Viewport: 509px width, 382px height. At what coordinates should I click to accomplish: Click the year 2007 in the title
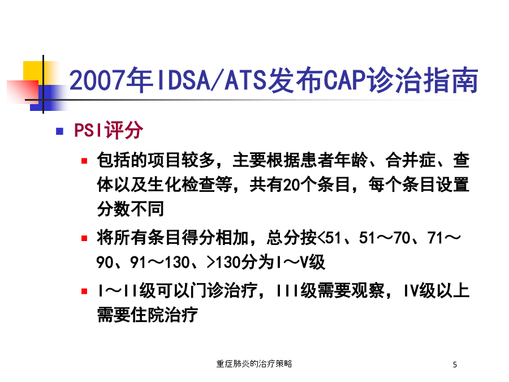pos(97,80)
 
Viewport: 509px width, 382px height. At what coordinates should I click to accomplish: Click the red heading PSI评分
pos(108,130)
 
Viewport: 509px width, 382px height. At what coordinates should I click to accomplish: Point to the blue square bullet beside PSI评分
pos(60,131)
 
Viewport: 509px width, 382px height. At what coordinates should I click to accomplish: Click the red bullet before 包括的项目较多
pos(84,161)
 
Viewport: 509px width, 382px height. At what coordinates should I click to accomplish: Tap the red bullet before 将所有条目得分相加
pos(84,238)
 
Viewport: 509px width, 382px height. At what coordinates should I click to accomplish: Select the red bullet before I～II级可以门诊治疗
pos(84,291)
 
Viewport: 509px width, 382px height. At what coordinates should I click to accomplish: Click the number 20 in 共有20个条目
pos(291,185)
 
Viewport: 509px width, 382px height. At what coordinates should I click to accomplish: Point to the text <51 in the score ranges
pos(329,238)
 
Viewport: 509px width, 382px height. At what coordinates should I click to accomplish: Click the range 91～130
pos(159,263)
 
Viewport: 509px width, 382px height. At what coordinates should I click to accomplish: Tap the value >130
pos(223,263)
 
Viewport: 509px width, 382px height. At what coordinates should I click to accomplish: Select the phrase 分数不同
pos(130,209)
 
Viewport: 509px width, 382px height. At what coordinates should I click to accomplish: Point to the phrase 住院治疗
pos(164,315)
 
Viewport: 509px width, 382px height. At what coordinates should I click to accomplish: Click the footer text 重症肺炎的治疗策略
pos(254,364)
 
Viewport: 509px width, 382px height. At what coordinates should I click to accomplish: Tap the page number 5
pos(455,365)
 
